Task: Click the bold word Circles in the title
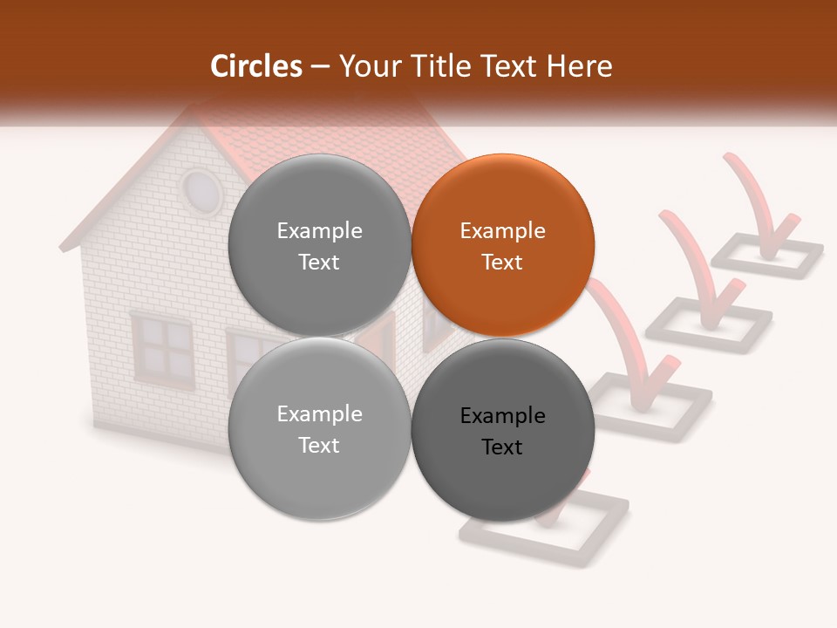pos(256,66)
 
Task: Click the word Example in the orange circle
pos(502,231)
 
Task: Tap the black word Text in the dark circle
pos(502,447)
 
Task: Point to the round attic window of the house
pos(201,192)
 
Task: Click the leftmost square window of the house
pos(162,347)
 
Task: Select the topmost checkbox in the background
pos(767,252)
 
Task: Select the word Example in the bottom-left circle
pos(319,414)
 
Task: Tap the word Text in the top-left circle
pos(319,263)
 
